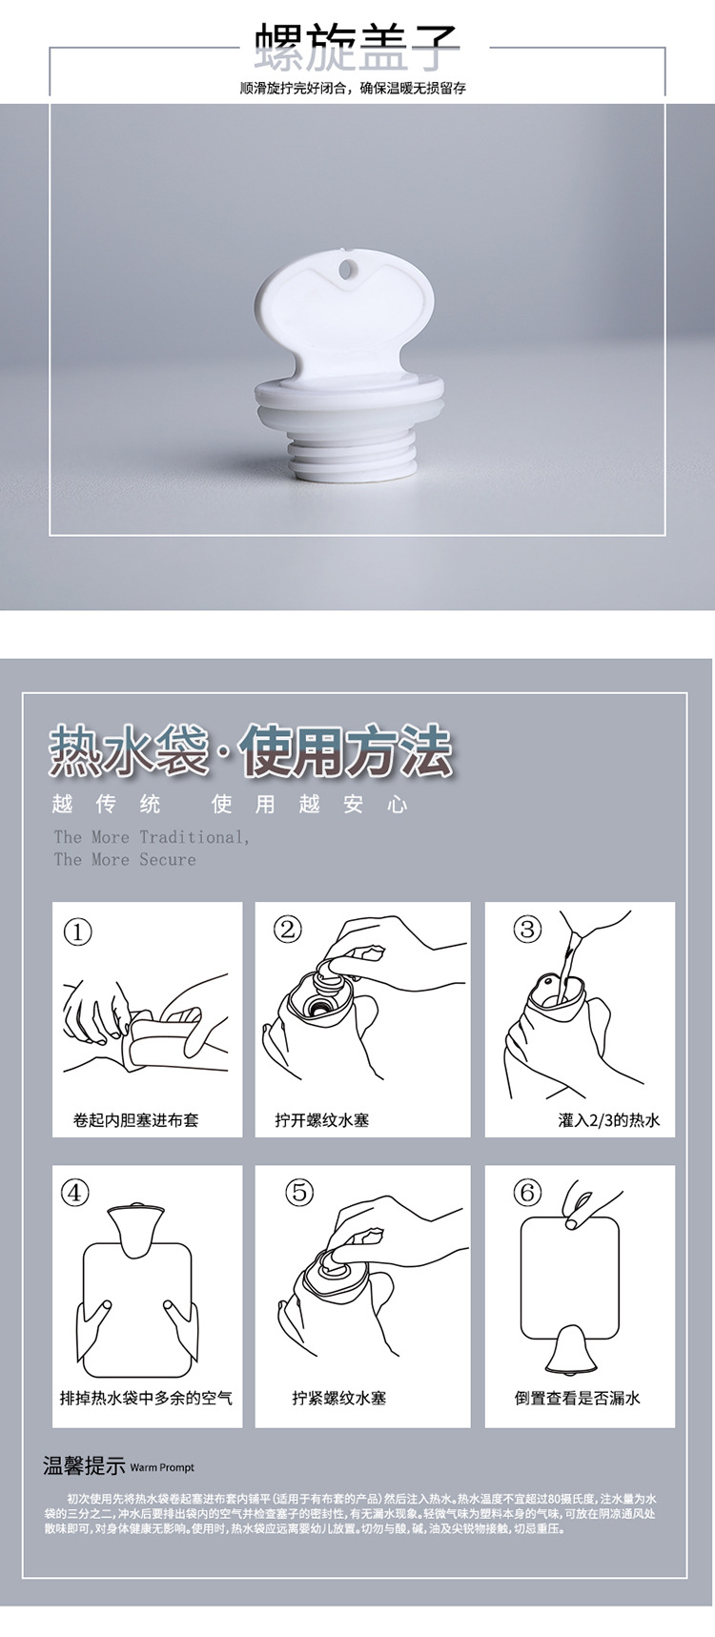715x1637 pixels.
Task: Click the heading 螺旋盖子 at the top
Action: click(x=357, y=46)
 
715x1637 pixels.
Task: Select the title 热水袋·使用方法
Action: click(x=251, y=751)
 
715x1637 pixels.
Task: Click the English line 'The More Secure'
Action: click(x=125, y=859)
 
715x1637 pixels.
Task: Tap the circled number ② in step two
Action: click(x=287, y=929)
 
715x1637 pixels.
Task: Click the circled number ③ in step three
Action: click(x=527, y=929)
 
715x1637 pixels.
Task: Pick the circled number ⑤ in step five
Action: click(x=300, y=1192)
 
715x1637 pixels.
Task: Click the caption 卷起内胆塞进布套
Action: click(x=136, y=1120)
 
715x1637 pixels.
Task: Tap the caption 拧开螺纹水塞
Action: click(x=322, y=1120)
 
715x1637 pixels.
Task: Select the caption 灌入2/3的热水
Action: click(x=608, y=1120)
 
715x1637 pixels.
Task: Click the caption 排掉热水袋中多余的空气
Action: click(x=146, y=1398)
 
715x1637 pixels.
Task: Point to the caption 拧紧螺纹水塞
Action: click(x=339, y=1398)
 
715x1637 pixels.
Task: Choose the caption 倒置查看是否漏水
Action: click(x=578, y=1398)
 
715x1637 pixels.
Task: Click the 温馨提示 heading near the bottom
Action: click(x=84, y=1466)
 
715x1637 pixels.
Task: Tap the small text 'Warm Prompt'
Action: click(x=162, y=1468)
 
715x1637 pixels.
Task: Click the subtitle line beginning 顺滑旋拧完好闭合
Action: click(x=354, y=89)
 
